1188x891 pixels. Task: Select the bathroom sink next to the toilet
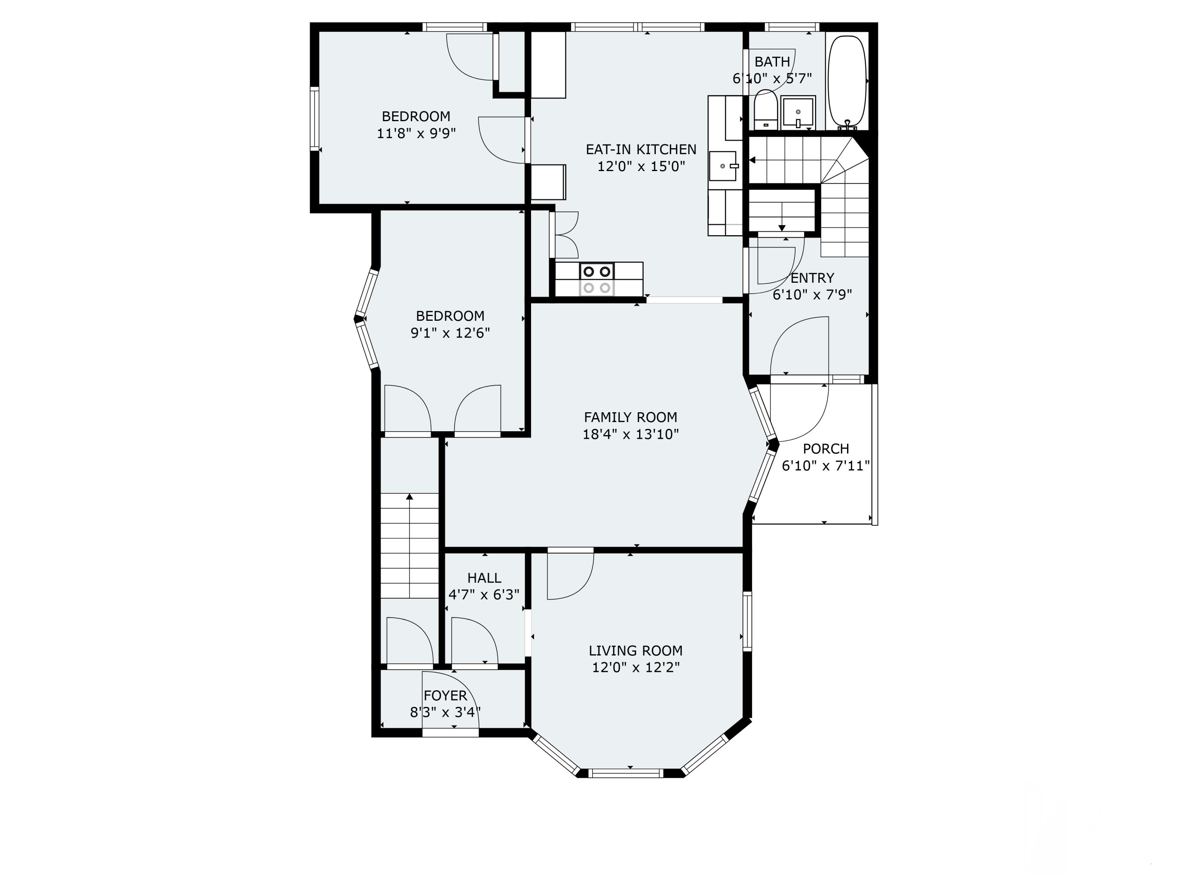click(x=798, y=112)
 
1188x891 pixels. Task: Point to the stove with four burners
click(x=597, y=279)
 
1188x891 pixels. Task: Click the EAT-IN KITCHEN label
click(x=641, y=149)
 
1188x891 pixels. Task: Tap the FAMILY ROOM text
click(x=630, y=417)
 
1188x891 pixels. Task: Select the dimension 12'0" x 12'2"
click(x=636, y=668)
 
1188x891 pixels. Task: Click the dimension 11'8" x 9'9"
click(x=416, y=133)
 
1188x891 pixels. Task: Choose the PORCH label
click(x=826, y=448)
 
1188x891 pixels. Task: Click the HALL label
click(x=484, y=578)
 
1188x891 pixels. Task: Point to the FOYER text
click(x=445, y=695)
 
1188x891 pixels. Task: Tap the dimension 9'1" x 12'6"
click(x=450, y=333)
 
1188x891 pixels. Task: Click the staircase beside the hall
click(x=410, y=545)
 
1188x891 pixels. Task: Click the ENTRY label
click(x=812, y=278)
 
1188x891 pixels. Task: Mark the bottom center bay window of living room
click(x=626, y=773)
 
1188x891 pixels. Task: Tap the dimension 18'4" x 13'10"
click(x=630, y=434)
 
